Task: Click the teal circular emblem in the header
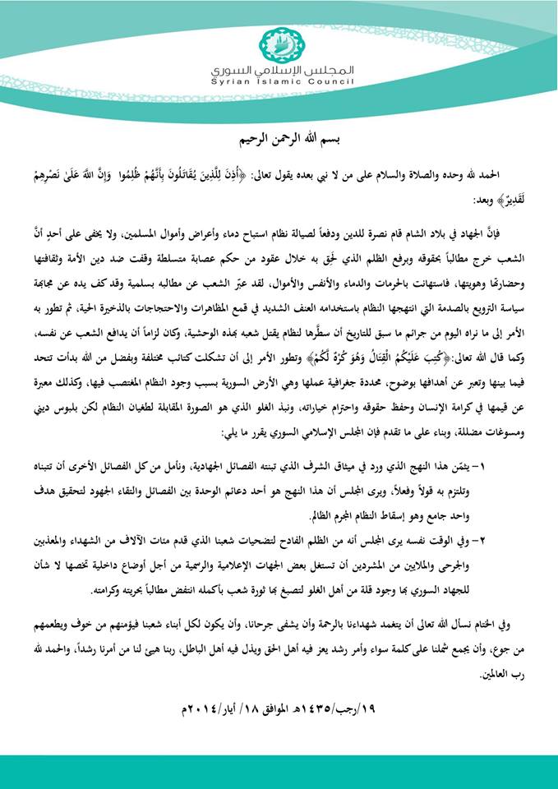[x=279, y=43]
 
